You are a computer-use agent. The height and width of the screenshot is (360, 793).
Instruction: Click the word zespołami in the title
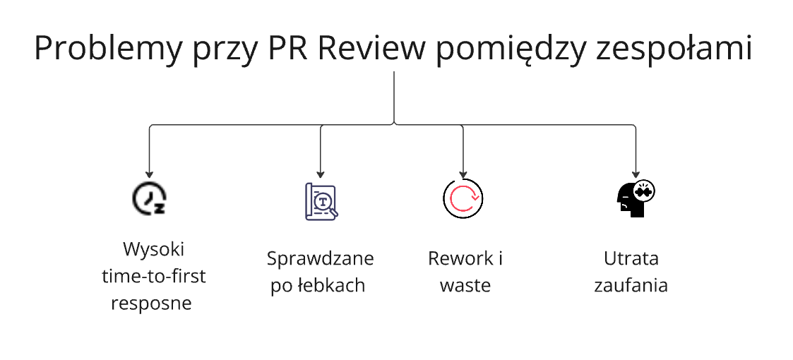click(672, 49)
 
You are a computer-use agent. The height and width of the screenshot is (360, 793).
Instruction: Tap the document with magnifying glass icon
click(321, 200)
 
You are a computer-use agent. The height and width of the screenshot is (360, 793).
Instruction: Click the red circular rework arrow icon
click(463, 198)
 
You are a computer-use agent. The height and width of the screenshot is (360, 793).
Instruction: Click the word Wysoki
click(153, 250)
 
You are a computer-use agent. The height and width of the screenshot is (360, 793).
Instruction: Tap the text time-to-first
click(153, 277)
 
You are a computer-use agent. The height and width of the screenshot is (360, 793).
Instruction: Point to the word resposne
click(153, 304)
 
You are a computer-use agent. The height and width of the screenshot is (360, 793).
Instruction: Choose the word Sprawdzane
click(320, 259)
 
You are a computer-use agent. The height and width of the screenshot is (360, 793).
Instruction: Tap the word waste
click(465, 286)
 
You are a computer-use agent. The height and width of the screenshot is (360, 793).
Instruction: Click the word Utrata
click(631, 258)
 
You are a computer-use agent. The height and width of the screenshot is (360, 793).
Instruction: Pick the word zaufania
click(631, 286)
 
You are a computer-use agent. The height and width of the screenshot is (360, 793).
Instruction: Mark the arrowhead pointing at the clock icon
click(149, 173)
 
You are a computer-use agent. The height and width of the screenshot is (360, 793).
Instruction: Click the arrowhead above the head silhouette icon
click(636, 173)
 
